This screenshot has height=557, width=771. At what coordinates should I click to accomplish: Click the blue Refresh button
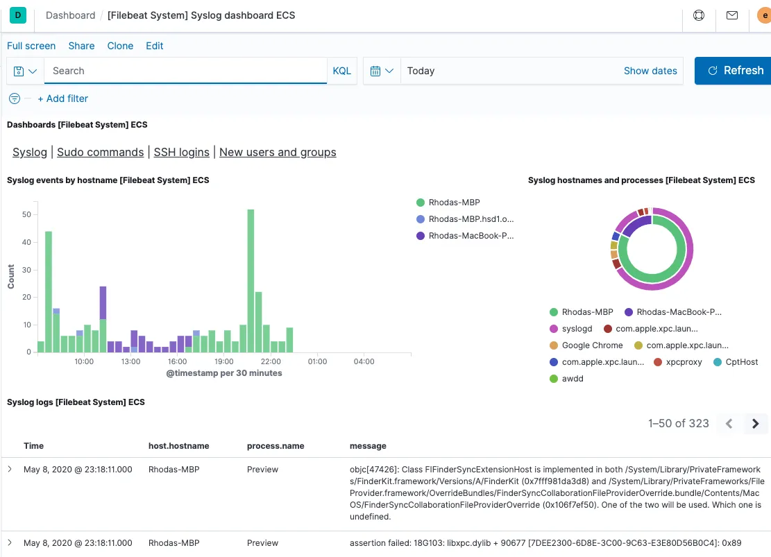pos(734,71)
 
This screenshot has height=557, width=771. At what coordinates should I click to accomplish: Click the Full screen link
pos(31,46)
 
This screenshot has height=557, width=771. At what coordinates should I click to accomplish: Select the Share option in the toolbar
pos(81,46)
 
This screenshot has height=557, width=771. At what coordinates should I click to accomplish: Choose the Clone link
pos(120,46)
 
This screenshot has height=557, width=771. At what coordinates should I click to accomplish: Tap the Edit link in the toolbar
pos(154,46)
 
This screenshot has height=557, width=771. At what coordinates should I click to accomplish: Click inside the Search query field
pos(185,71)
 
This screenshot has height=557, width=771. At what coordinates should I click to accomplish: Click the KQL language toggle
pos(342,71)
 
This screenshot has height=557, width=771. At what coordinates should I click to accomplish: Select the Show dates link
pos(650,71)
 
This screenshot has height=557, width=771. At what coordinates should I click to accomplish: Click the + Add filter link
pos(62,98)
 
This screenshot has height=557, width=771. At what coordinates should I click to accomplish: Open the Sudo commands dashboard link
pos(100,152)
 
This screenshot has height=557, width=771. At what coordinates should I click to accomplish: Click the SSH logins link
pos(181,152)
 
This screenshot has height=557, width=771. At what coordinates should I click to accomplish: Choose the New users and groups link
pos(278,152)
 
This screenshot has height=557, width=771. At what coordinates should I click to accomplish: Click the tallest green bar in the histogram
pos(251,280)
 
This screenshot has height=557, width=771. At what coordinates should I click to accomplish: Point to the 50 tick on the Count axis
pos(26,215)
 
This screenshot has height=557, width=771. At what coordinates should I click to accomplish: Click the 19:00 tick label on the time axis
pos(223,361)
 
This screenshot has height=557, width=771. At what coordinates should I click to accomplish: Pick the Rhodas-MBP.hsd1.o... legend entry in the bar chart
pos(471,219)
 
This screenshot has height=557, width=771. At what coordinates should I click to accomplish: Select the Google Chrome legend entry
pos(591,345)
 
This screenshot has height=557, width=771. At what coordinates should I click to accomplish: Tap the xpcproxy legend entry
pos(684,362)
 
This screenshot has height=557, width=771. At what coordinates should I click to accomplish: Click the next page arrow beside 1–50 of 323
pos(755,423)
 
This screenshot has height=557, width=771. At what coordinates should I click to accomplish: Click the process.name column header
pos(276,446)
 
